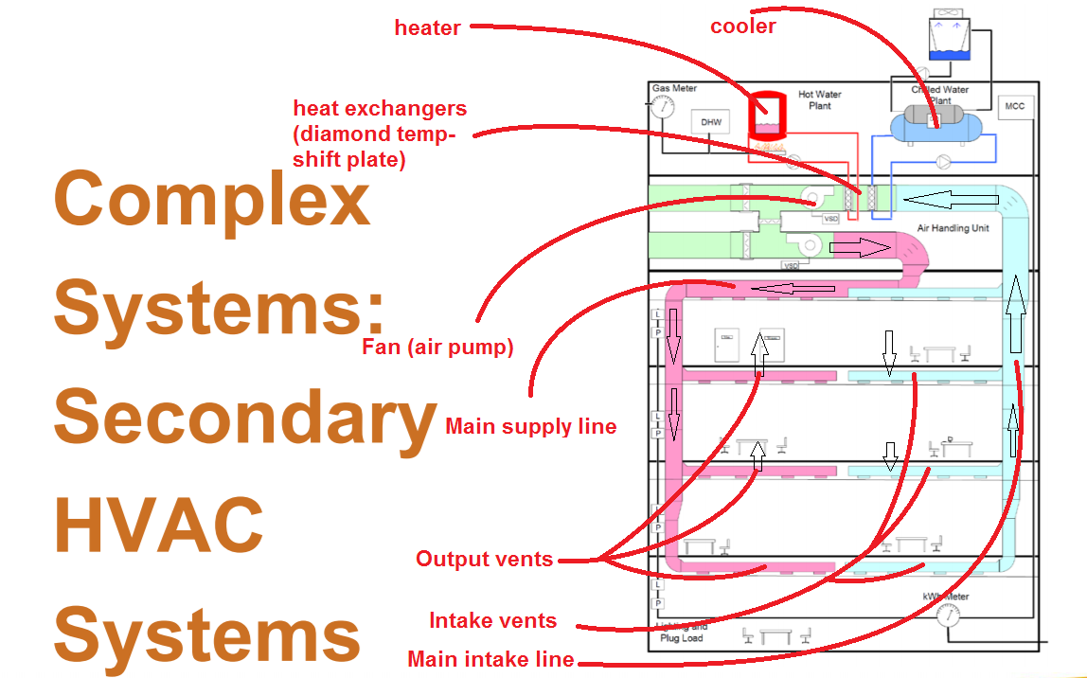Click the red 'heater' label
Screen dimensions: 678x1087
point(427,27)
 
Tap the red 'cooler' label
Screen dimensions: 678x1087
point(743,27)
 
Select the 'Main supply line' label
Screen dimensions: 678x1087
point(530,426)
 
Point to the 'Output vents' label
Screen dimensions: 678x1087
point(484,559)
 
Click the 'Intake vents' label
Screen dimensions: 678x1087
point(492,621)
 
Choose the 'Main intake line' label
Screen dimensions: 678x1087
point(490,659)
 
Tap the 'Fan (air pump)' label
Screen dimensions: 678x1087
point(437,348)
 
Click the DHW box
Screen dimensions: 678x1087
point(710,122)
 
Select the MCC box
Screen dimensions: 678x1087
point(1014,107)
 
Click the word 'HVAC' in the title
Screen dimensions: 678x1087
point(158,526)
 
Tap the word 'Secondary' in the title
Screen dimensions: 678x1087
point(245,418)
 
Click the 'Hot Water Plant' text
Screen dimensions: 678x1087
point(819,100)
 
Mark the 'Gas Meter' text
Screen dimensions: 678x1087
point(673,88)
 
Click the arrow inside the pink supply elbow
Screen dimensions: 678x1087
point(861,248)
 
